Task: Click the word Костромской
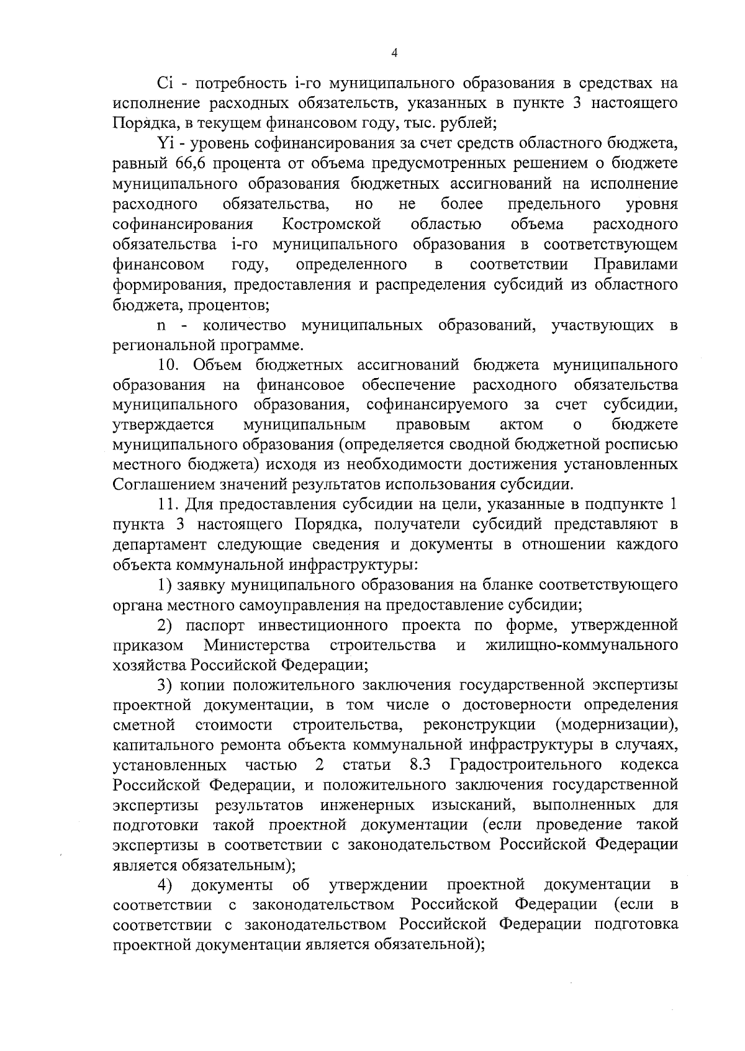coord(331,224)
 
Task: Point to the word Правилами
coord(635,264)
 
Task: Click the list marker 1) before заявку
coord(165,585)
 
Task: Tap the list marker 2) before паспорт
coord(165,625)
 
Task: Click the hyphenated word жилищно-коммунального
coord(580,645)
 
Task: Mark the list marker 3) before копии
coord(165,685)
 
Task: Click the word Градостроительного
coord(526,764)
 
